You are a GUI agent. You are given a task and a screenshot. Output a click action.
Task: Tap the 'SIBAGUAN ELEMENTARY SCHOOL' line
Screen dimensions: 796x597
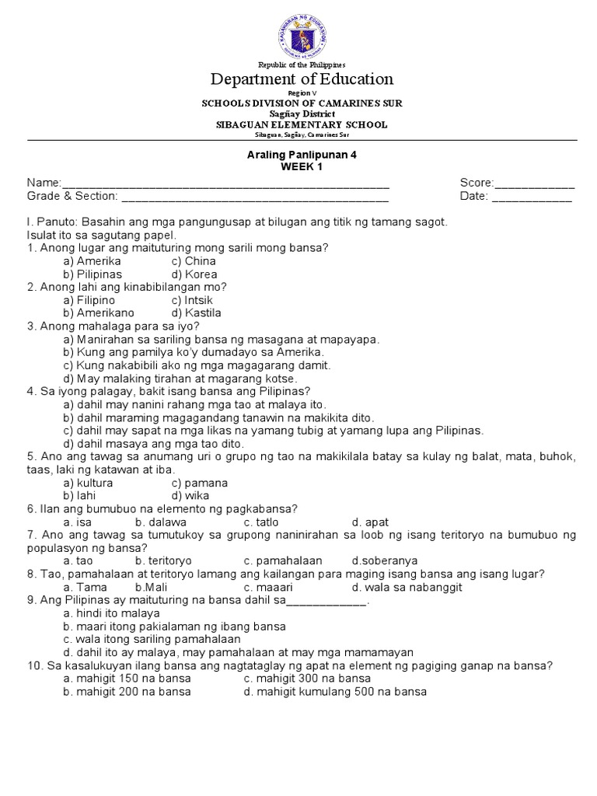pyautogui.click(x=302, y=124)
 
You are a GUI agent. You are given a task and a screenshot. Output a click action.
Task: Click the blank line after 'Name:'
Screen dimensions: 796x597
pyautogui.click(x=225, y=183)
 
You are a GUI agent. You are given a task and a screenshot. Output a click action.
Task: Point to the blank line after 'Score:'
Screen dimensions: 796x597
pyautogui.click(x=535, y=183)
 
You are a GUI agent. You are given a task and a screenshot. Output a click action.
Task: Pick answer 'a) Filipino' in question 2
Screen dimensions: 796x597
pyautogui.click(x=89, y=300)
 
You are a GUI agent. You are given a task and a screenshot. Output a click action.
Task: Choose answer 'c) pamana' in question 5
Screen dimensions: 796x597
pyautogui.click(x=200, y=483)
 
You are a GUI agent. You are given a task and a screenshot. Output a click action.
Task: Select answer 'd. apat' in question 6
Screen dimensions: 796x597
pyautogui.click(x=370, y=522)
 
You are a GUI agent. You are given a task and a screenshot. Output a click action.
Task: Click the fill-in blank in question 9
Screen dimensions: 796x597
pyautogui.click(x=326, y=601)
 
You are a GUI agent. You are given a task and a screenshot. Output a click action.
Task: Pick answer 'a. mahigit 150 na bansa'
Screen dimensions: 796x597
pyautogui.click(x=127, y=679)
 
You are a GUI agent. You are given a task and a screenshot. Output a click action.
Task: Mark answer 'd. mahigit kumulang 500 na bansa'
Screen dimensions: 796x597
pyautogui.click(x=334, y=692)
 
